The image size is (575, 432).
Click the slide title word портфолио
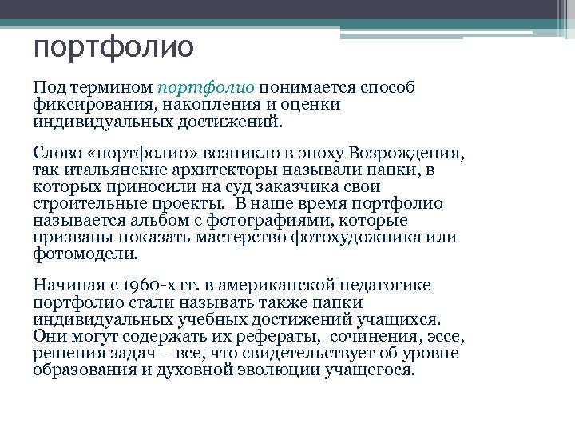(113, 48)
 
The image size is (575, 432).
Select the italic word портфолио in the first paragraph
(206, 86)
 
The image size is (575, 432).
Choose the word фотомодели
(86, 254)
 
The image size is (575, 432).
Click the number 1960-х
(149, 286)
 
